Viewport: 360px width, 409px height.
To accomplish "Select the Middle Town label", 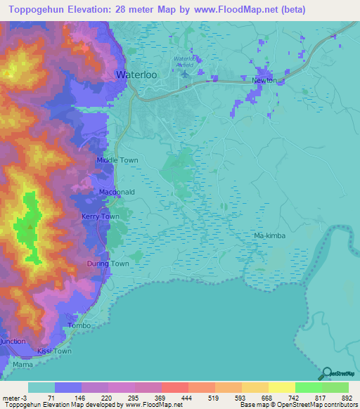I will [117, 161].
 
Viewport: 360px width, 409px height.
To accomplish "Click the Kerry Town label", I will [101, 217].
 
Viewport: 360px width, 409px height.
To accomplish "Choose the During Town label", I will [108, 264].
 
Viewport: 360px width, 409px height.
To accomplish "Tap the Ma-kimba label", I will [270, 236].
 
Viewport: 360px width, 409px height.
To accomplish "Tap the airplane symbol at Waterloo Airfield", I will [185, 73].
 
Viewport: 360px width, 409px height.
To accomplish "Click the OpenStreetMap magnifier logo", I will [324, 374].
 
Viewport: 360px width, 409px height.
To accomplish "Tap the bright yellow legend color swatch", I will [281, 387].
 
